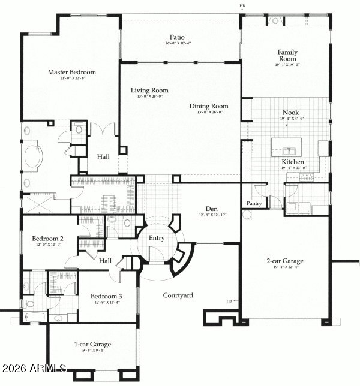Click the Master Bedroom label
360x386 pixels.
[x=72, y=72]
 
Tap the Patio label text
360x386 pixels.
[x=177, y=36]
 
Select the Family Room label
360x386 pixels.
[x=287, y=56]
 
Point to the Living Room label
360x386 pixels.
[x=150, y=91]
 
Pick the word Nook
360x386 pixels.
[x=290, y=112]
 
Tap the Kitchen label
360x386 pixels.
[x=293, y=162]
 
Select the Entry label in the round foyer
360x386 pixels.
[x=157, y=238]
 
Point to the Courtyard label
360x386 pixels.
[x=178, y=295]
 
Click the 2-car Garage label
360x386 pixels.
[x=285, y=261]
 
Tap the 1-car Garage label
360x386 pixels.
[x=92, y=345]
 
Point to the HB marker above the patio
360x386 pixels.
[x=242, y=7]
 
